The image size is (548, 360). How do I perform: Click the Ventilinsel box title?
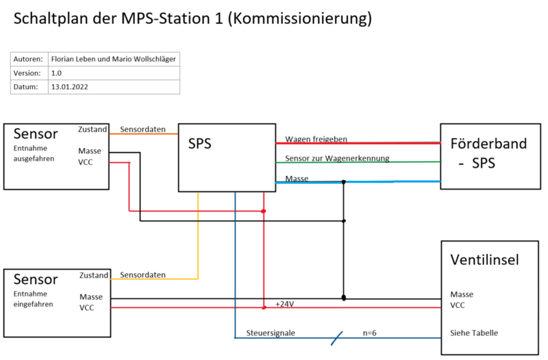(484, 259)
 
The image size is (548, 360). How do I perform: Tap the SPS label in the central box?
(199, 144)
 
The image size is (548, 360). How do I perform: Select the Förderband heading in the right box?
(488, 144)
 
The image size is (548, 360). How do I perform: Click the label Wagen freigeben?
(316, 139)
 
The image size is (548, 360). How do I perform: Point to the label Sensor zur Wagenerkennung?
(337, 158)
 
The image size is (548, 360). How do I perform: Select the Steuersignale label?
(271, 333)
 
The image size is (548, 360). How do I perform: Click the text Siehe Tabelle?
(474, 333)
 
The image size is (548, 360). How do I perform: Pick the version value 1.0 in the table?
(57, 73)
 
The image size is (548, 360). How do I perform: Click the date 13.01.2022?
(69, 87)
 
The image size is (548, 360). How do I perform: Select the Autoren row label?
(28, 59)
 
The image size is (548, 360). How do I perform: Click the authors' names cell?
(112, 59)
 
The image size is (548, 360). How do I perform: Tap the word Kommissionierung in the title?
(301, 18)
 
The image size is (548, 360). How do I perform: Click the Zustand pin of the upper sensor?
(92, 129)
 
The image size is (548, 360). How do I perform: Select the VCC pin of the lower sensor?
(87, 308)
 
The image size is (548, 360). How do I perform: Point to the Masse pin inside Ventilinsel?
(462, 294)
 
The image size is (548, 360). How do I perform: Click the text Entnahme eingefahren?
(32, 298)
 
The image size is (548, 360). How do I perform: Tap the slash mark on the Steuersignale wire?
(336, 337)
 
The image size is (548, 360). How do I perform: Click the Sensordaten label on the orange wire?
(142, 129)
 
